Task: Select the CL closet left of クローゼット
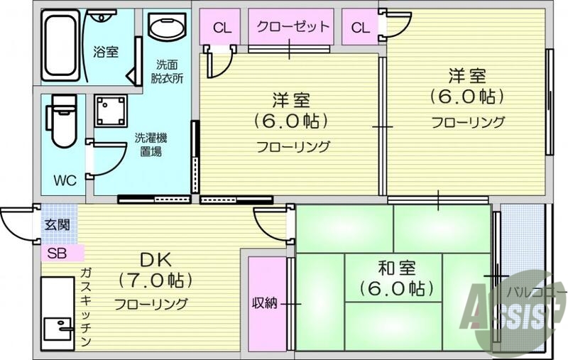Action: [x=222, y=28]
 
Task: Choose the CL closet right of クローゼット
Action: [x=361, y=28]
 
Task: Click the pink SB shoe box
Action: [x=61, y=253]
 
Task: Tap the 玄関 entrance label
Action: [x=57, y=225]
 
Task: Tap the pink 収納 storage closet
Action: [x=266, y=303]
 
